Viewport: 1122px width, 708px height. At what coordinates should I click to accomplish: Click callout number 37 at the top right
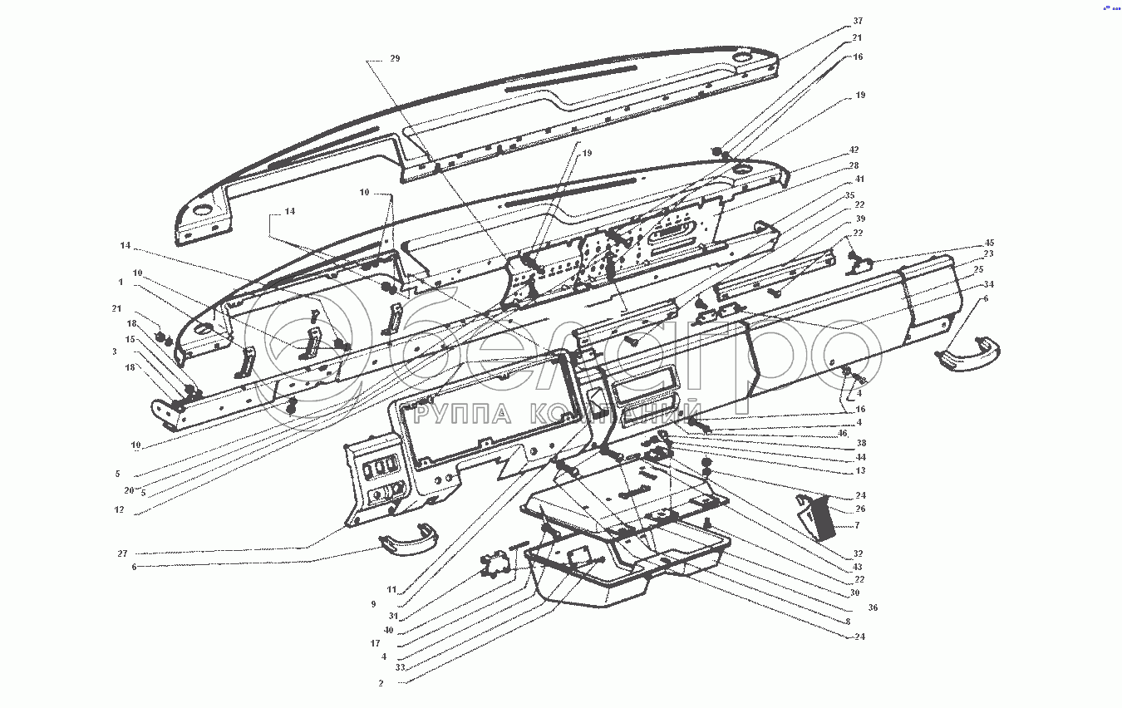(858, 21)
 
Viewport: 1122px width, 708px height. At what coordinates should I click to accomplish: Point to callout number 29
(395, 59)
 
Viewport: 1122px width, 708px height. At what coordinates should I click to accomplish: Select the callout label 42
(854, 150)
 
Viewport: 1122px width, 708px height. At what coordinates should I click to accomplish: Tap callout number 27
(122, 553)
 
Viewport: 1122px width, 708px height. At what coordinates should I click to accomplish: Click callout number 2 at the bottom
(381, 683)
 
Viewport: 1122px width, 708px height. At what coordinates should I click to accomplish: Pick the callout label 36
(873, 607)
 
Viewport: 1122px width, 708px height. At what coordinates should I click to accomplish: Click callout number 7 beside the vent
(857, 525)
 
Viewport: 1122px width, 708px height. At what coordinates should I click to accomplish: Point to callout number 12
(120, 509)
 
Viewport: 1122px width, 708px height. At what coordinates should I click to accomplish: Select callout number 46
(842, 433)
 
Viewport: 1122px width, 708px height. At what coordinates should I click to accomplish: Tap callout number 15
(130, 339)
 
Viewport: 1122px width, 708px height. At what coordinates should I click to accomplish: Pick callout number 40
(388, 630)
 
